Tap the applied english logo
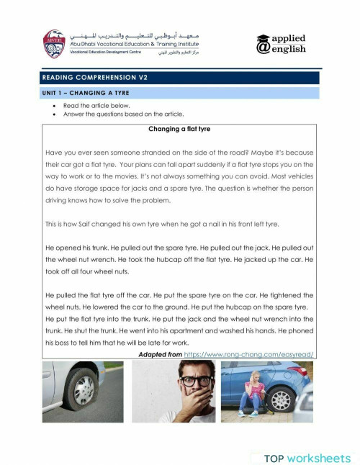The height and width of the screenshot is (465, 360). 282,43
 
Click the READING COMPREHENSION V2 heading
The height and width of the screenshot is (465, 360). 94,77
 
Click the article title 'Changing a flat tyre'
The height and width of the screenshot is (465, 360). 179,130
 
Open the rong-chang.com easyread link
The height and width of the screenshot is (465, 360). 250,354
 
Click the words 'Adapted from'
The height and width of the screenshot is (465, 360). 160,354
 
